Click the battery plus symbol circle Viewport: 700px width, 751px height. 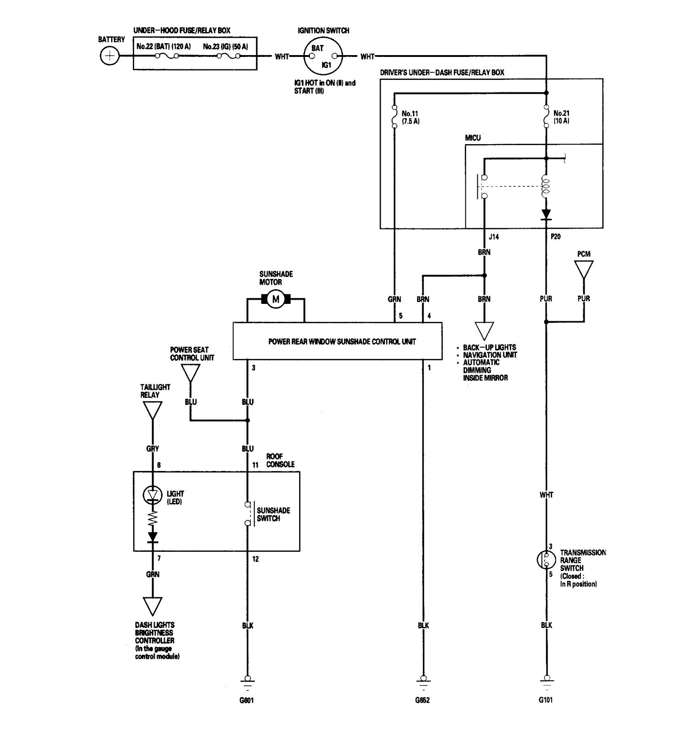[x=109, y=56]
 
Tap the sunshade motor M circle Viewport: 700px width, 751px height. [x=276, y=299]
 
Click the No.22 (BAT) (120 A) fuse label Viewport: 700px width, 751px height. [x=164, y=46]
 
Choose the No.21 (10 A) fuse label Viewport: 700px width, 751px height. [x=561, y=117]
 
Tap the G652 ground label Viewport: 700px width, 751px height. [x=423, y=701]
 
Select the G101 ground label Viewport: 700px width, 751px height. [x=547, y=701]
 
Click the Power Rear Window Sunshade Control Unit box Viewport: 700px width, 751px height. [x=338, y=341]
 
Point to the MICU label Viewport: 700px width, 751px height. [x=473, y=138]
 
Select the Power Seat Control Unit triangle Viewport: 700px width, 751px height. [x=191, y=373]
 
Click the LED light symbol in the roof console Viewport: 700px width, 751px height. [x=152, y=494]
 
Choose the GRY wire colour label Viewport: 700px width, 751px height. [x=152, y=449]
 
